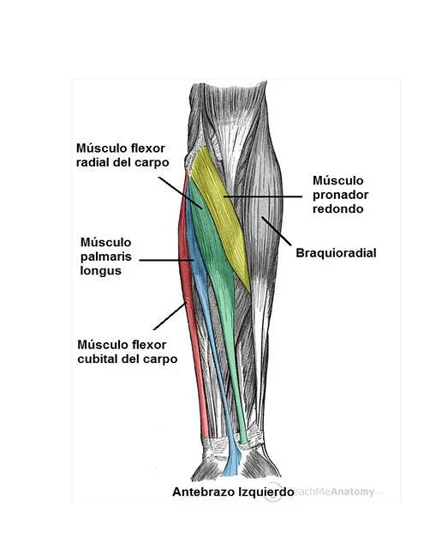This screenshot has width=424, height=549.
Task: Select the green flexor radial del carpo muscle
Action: pyautogui.click(x=214, y=259)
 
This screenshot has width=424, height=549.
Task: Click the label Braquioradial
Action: pyautogui.click(x=336, y=253)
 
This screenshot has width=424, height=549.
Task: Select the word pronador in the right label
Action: pyautogui.click(x=340, y=195)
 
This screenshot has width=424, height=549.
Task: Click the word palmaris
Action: pyautogui.click(x=106, y=256)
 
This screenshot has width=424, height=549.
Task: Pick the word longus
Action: pyautogui.click(x=101, y=271)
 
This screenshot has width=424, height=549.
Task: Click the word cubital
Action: pyautogui.click(x=98, y=359)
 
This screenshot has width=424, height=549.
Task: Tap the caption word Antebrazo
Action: pyautogui.click(x=204, y=492)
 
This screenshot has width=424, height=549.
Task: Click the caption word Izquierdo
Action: pyautogui.click(x=266, y=492)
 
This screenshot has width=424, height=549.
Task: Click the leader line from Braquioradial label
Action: pyautogui.click(x=276, y=231)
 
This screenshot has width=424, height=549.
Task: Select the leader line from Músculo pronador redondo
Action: pyautogui.click(x=263, y=196)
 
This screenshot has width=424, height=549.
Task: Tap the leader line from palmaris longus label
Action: pyautogui.click(x=166, y=260)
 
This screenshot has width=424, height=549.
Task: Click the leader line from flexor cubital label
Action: pyautogui.click(x=170, y=316)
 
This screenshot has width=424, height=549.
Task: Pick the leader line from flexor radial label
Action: pyautogui.click(x=181, y=192)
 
